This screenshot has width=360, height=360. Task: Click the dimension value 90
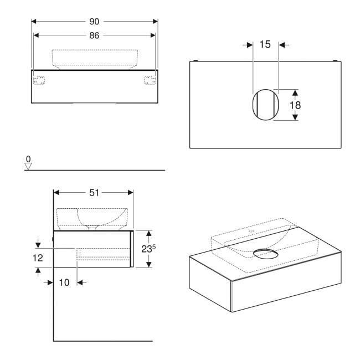94,22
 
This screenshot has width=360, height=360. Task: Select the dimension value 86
94,35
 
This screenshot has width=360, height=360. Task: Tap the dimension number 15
265,44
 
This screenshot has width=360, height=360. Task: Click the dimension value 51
94,193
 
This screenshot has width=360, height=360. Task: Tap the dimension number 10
64,282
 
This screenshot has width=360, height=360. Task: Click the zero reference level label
29,159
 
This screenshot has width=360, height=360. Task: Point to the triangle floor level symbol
29,166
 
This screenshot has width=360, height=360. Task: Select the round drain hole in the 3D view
266,254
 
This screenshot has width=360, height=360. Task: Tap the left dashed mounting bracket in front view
39,80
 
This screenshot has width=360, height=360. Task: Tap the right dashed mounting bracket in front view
150,80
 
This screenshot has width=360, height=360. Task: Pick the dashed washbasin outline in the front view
94,58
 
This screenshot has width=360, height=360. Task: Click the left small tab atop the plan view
198,60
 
